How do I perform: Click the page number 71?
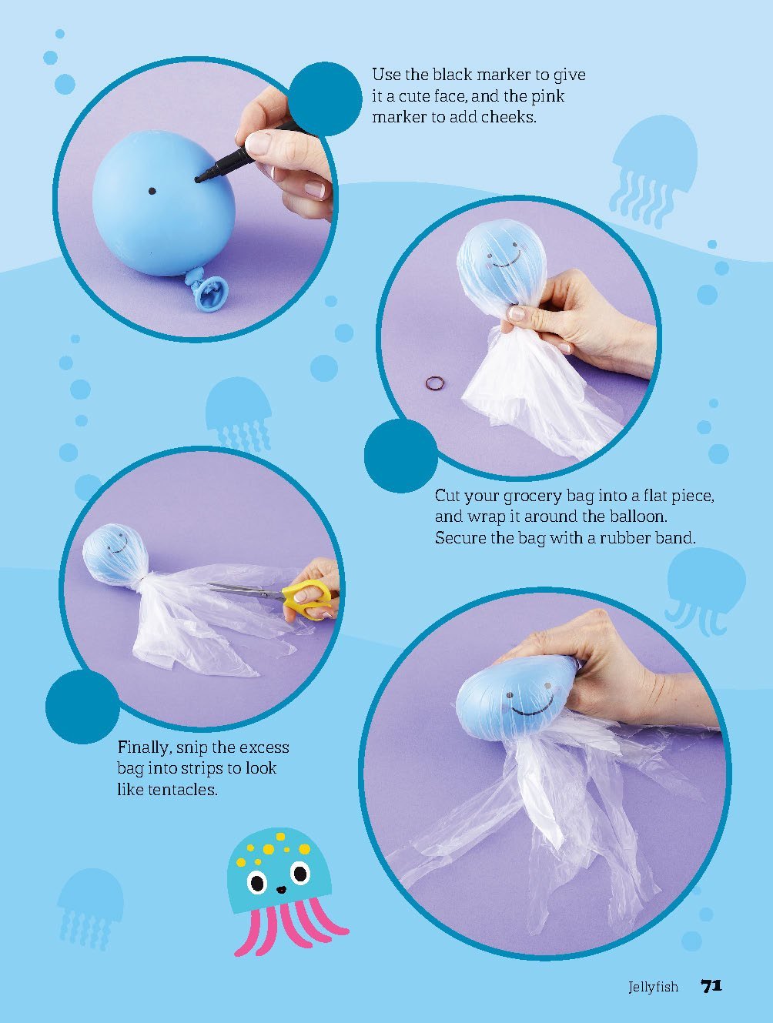click(711, 985)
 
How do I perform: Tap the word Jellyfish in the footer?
click(653, 987)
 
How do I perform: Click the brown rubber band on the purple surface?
click(436, 383)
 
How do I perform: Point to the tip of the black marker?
click(199, 179)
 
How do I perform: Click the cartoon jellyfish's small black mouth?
click(281, 890)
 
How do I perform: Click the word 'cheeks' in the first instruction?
click(507, 118)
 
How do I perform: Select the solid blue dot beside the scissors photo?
click(82, 706)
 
